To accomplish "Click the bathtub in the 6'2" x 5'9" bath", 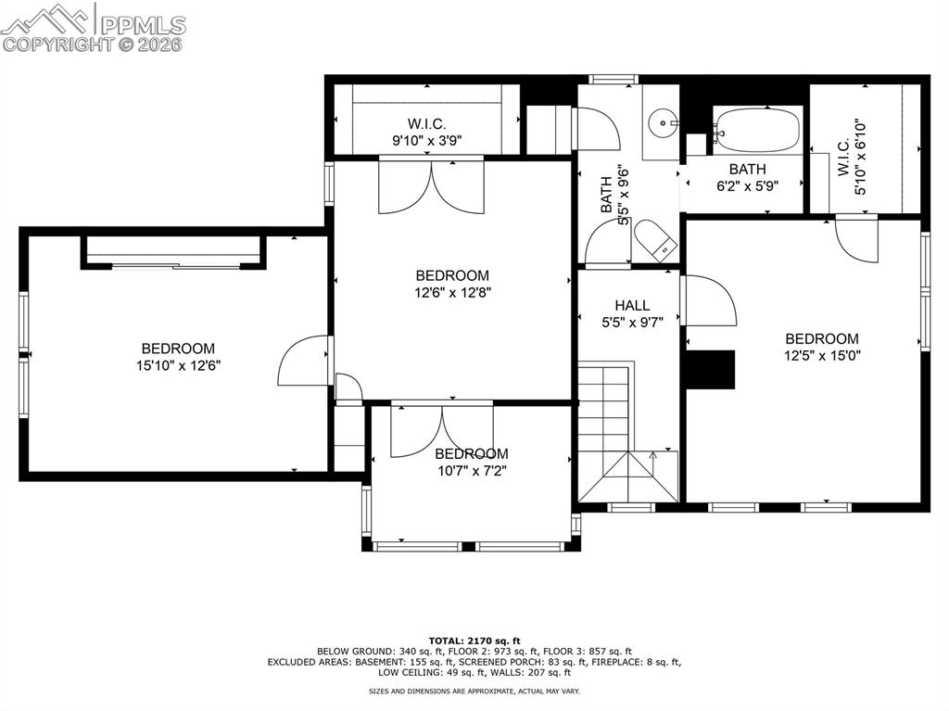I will coord(757,130).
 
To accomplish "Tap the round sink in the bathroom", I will coord(662,121).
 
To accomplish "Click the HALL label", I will coord(632,305).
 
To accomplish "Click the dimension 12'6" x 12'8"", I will coord(452,292).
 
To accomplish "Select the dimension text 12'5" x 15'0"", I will coord(821,355).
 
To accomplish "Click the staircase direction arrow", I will coord(653,456).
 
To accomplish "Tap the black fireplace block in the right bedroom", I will coord(711,369).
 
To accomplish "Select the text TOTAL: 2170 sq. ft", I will coord(474,641).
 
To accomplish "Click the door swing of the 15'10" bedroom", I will coord(302,362).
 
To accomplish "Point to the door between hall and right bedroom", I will coord(709,300).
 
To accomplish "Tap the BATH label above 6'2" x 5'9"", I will coord(747,169).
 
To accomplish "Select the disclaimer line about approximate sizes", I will coord(474,692).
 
